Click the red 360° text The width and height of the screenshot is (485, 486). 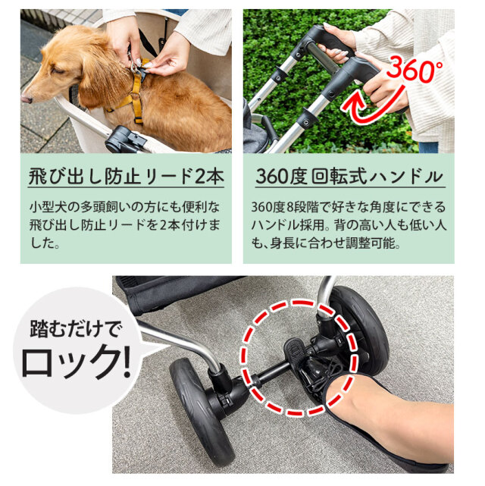coord(415,71)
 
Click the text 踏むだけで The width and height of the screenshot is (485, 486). coord(72,330)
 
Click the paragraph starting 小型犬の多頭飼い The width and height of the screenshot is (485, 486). coord(125,225)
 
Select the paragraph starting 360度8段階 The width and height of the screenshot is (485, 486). coord(349,225)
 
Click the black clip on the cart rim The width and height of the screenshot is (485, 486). coord(125,140)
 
